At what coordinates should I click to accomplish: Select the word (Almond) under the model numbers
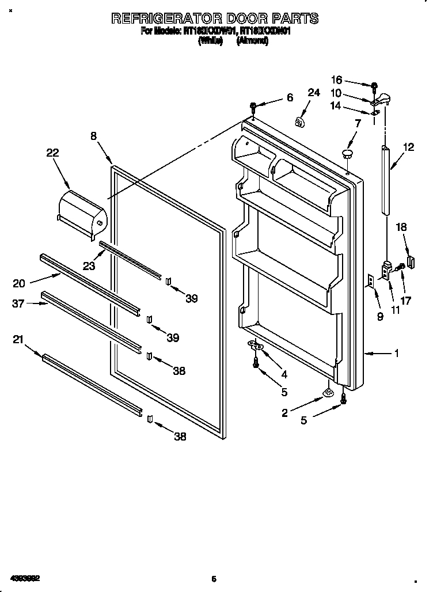252,41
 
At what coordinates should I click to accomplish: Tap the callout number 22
52,153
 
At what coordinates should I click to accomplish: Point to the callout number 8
94,136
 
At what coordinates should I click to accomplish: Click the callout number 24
313,92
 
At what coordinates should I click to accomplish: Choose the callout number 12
408,147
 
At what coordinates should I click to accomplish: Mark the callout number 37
18,303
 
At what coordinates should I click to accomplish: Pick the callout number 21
18,340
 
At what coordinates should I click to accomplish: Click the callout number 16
336,80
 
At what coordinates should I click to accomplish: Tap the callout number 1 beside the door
396,354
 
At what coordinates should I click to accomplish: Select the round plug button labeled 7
347,153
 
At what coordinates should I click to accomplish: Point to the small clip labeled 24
299,122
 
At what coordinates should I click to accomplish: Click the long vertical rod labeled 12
385,180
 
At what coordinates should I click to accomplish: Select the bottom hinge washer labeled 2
328,394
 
